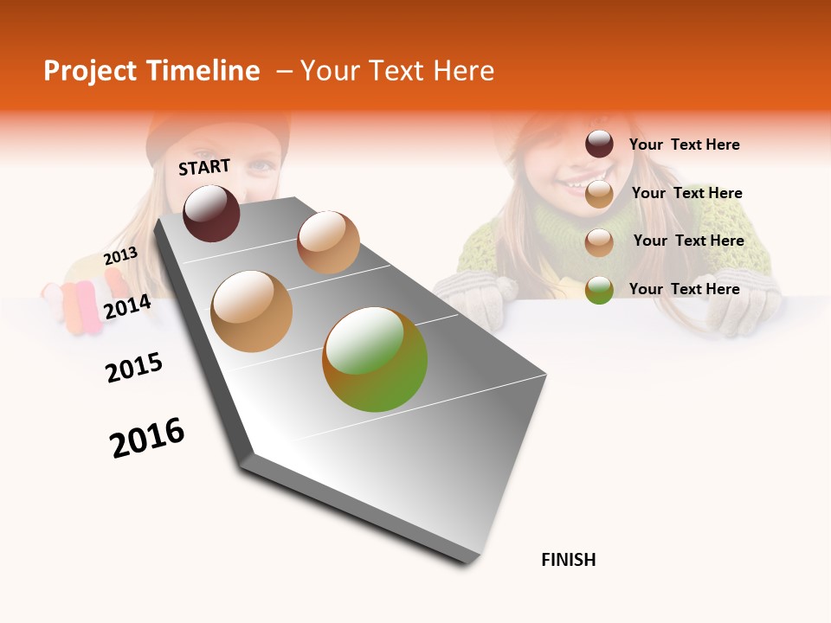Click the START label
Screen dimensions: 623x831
tap(204, 167)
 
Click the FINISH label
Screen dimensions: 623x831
tap(568, 560)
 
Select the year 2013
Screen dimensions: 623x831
tap(120, 256)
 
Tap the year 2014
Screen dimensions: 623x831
tap(127, 307)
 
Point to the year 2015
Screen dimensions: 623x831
tap(134, 368)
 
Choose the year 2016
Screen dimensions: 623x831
tap(147, 438)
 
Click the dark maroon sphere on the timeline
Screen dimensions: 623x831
tap(211, 213)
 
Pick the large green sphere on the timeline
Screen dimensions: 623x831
tap(375, 359)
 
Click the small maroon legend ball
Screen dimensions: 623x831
tap(599, 145)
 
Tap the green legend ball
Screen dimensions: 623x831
tap(599, 290)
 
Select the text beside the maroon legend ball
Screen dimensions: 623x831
tap(684, 145)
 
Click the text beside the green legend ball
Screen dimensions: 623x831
tap(684, 289)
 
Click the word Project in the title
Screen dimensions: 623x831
tap(91, 71)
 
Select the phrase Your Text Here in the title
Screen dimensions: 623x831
tap(397, 71)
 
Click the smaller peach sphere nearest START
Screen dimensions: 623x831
tap(328, 242)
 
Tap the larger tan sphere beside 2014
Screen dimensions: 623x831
tap(252, 311)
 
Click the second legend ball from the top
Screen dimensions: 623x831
tap(599, 194)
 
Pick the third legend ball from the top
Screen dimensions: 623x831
tap(599, 242)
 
